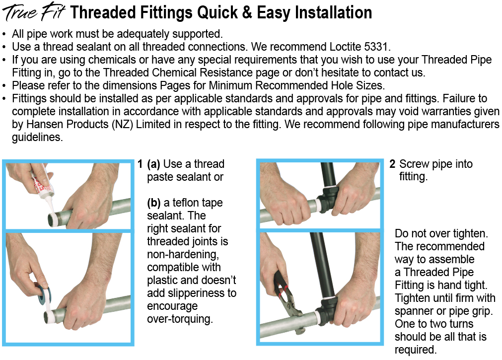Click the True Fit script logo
tap(34, 11)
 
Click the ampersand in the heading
tap(247, 12)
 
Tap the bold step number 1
tap(140, 164)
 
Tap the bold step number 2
tap(392, 164)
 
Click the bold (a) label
tap(153, 164)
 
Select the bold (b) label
tap(153, 203)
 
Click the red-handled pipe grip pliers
tap(287, 300)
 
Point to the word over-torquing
tap(180, 319)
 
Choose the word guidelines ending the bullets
tap(37, 138)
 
